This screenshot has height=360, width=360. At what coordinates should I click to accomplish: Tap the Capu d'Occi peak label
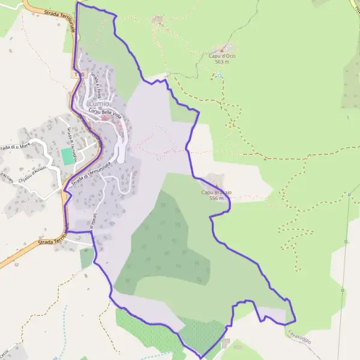(x=221, y=56)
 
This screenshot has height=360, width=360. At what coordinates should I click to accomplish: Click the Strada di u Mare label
(x=16, y=146)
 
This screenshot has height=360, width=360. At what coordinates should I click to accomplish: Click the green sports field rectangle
(x=67, y=157)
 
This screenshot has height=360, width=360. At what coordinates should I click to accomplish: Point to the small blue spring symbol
(x=220, y=76)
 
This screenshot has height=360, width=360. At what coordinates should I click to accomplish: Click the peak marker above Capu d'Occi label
(x=225, y=48)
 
